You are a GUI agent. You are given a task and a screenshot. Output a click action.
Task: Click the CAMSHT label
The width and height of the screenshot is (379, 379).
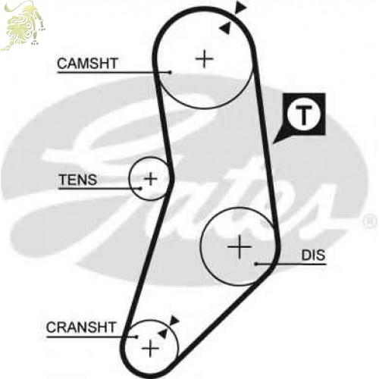tap(87, 63)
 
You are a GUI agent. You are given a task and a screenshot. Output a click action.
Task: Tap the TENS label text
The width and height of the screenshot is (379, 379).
tap(78, 180)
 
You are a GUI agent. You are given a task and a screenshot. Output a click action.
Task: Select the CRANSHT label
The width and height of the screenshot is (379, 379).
tap(81, 327)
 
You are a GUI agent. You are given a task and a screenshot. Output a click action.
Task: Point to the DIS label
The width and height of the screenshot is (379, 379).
tap(313, 255)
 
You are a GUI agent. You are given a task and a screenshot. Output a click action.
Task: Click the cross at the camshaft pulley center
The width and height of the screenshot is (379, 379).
tap(205, 59)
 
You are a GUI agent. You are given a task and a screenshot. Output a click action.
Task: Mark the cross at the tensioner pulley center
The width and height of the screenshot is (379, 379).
tap(151, 179)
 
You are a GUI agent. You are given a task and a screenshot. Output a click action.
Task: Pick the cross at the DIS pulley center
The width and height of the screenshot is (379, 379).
tap(240, 247)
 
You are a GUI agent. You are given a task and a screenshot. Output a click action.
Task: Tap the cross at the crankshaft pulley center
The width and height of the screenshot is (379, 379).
tap(151, 349)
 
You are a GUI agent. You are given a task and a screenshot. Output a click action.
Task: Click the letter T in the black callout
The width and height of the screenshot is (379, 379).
tap(304, 116)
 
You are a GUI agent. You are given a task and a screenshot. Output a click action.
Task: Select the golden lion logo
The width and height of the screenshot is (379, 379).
tap(23, 25)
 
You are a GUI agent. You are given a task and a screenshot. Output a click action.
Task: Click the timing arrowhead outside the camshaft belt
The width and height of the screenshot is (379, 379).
tap(240, 7)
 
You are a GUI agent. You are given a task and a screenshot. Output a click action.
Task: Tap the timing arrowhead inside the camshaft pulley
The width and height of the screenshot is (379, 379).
tap(225, 27)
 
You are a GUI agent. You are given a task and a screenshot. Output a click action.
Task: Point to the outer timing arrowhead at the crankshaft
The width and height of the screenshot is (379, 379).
tap(174, 321)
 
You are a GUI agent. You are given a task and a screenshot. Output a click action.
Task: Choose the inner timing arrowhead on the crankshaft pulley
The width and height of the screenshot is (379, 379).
tap(163, 334)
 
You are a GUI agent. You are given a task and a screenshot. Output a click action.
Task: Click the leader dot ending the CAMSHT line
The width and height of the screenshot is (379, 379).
tap(171, 72)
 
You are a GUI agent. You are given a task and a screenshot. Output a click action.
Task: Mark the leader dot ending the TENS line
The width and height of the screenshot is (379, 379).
tap(140, 188)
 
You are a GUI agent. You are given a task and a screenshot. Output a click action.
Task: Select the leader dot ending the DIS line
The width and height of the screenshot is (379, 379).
tap(256, 264)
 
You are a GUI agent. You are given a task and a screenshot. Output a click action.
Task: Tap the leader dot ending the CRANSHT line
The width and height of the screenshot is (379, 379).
tap(136, 337)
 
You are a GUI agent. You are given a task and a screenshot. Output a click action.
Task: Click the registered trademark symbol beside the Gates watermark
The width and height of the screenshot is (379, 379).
tap(370, 222)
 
